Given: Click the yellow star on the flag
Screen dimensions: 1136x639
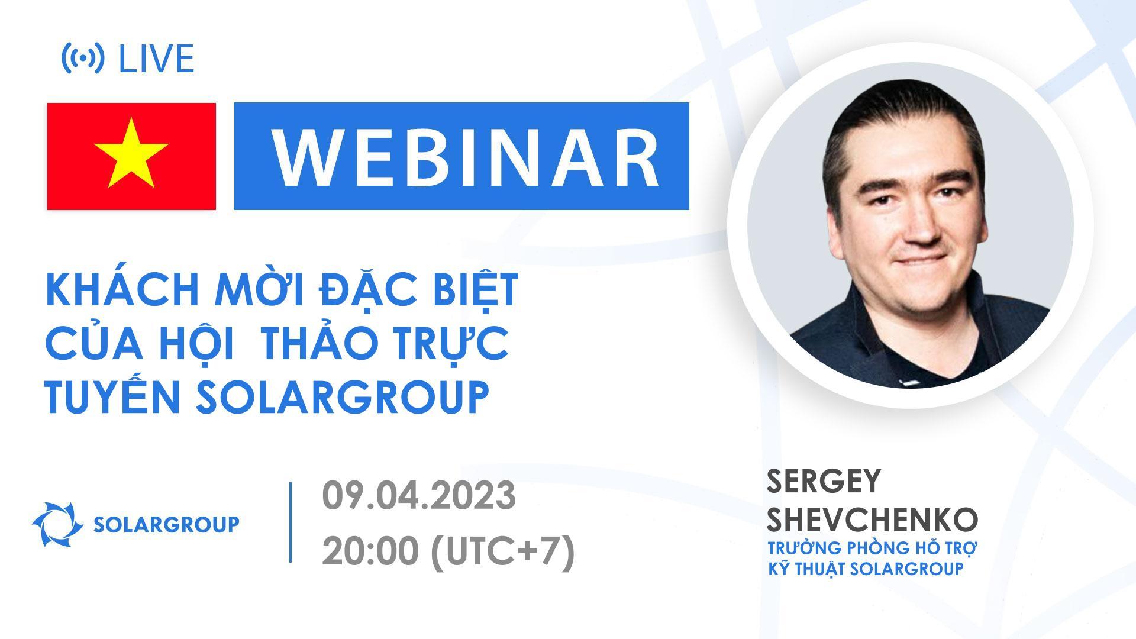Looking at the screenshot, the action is pyautogui.click(x=131, y=153).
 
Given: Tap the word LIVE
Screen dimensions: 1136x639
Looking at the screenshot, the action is pyautogui.click(x=156, y=59).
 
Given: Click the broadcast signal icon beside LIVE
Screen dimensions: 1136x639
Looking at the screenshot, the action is pyautogui.click(x=83, y=58).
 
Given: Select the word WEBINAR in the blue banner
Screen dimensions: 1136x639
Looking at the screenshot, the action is pyautogui.click(x=465, y=156).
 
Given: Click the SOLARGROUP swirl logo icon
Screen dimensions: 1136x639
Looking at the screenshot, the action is pyautogui.click(x=57, y=524).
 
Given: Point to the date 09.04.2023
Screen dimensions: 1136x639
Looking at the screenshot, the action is pyautogui.click(x=419, y=495).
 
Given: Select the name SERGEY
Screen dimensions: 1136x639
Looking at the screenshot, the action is pyautogui.click(x=824, y=482).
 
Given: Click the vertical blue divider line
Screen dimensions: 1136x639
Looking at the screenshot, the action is pyautogui.click(x=291, y=522).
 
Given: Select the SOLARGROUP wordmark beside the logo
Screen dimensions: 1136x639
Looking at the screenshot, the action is pyautogui.click(x=167, y=524).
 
